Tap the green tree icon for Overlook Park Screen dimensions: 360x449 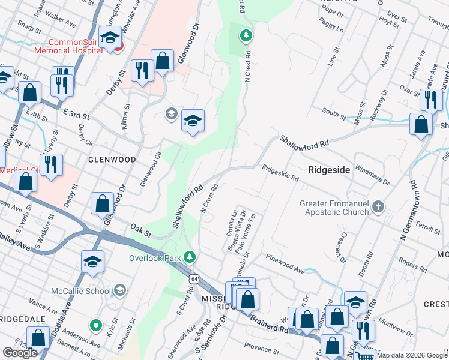(190, 258)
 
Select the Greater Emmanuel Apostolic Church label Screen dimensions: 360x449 (336, 208)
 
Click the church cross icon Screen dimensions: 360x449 (378, 207)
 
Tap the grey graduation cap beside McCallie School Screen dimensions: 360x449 (119, 291)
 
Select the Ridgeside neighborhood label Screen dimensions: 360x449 (329, 170)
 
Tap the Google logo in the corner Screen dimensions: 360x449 (20, 353)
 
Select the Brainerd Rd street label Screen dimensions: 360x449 (271, 325)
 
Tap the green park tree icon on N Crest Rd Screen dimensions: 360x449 (245, 37)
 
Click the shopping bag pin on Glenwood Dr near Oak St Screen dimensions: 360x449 (103, 203)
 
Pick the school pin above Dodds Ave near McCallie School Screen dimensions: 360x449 (93, 261)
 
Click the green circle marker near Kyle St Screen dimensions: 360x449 (95, 326)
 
